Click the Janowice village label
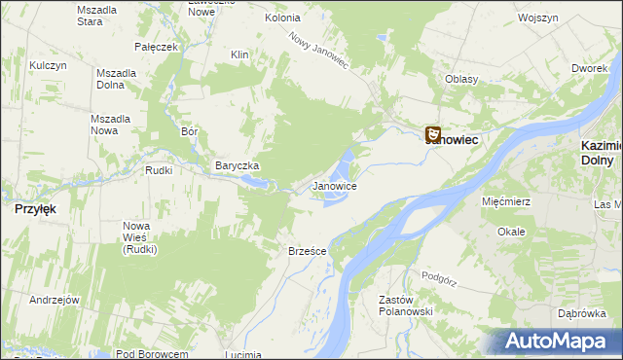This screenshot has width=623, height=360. pos(334,185)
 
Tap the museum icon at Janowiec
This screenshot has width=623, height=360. pos(433,135)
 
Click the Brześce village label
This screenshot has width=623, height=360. pos(307,251)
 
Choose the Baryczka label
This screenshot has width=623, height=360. pos(237,165)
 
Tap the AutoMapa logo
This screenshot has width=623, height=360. pos(560,341)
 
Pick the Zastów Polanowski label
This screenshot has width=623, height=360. pos(404,306)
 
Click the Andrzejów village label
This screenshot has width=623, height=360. pos(54,300)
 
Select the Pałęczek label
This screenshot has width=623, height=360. pos(157,46)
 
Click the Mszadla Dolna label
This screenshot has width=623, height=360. pos(116,79)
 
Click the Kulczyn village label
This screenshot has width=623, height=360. pos(47,65)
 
